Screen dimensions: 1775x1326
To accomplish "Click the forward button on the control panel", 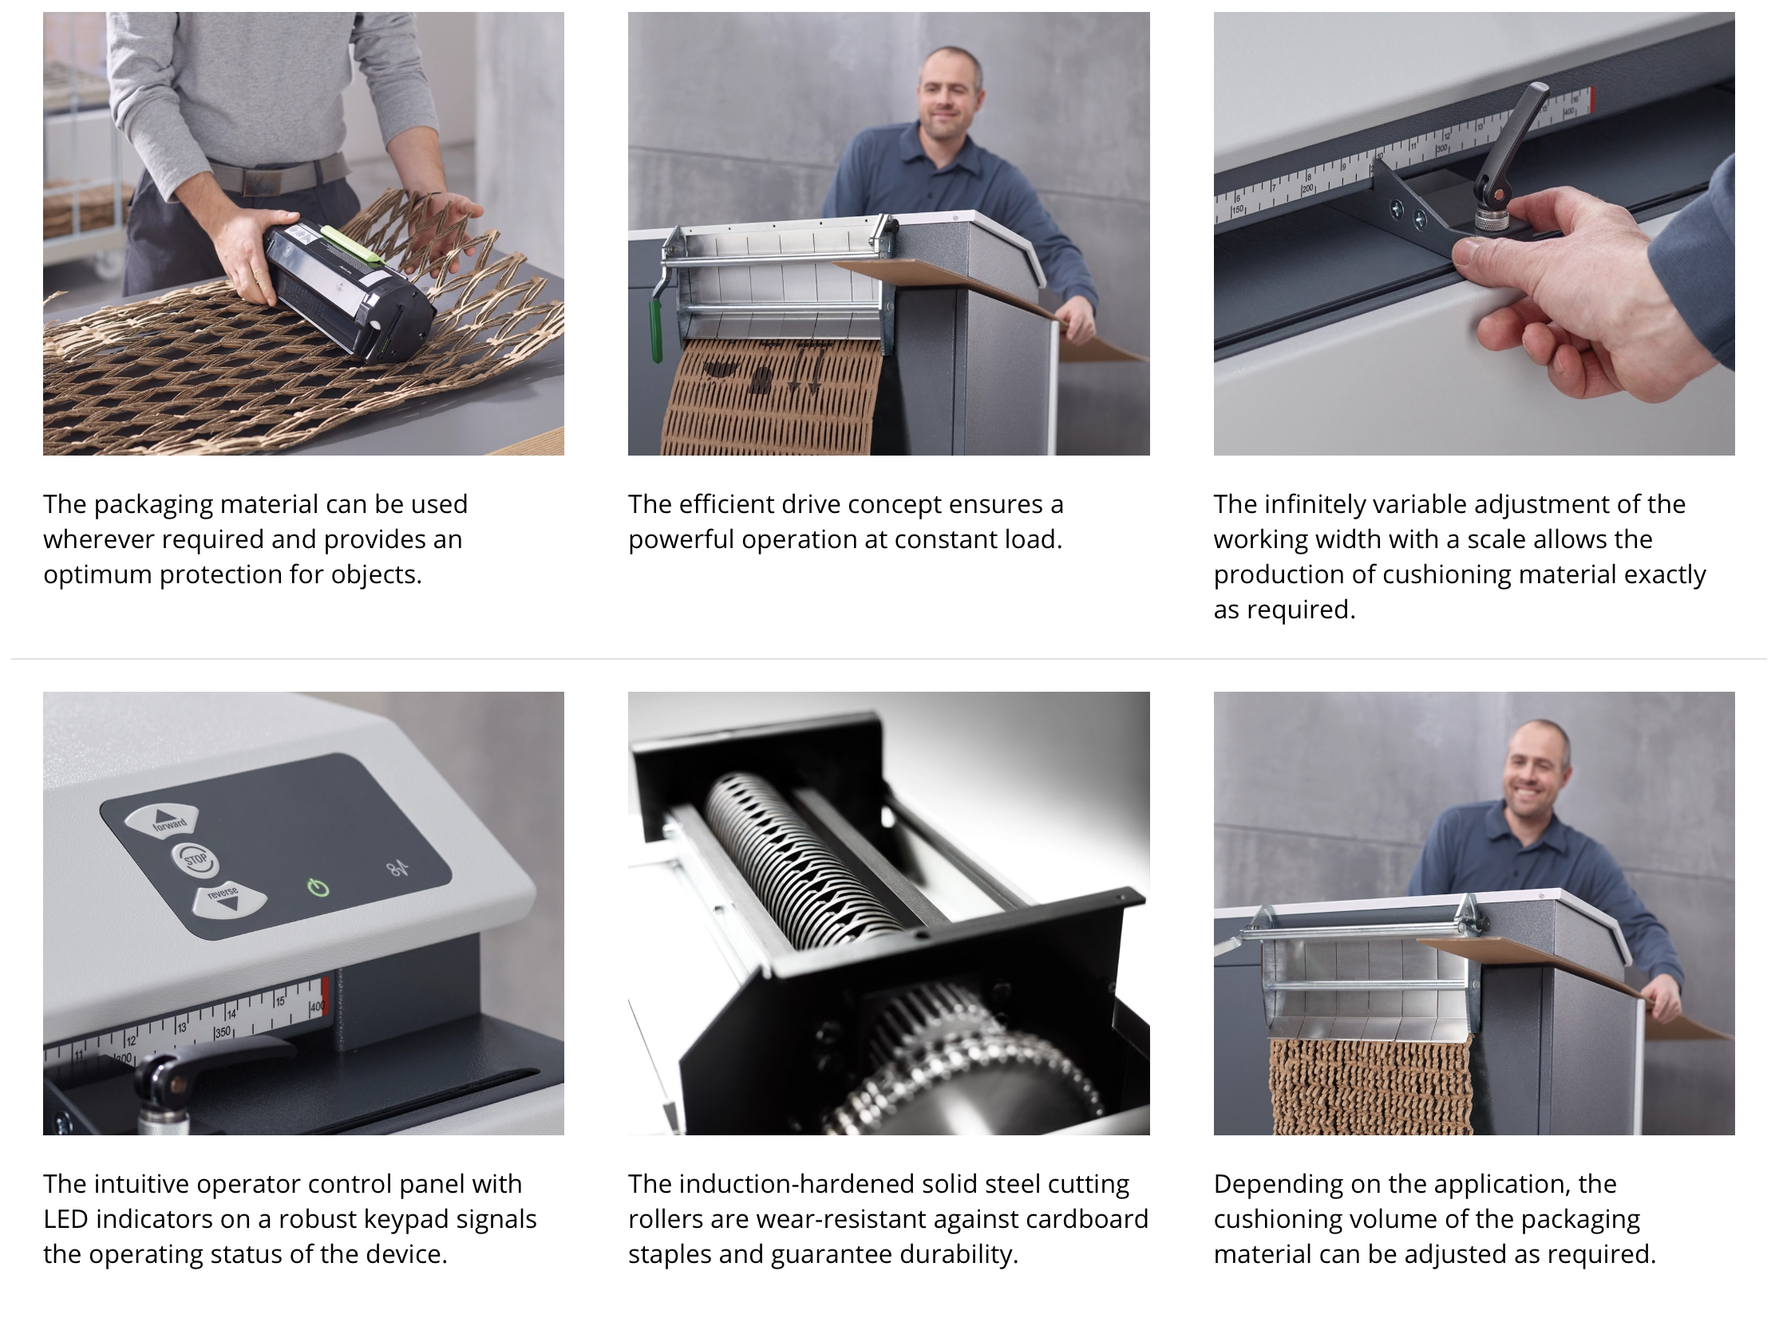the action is (162, 820).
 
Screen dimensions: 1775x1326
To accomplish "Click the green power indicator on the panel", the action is (318, 887).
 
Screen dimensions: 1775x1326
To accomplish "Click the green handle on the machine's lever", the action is (655, 330).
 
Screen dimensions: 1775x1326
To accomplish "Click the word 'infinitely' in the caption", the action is (1315, 505).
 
